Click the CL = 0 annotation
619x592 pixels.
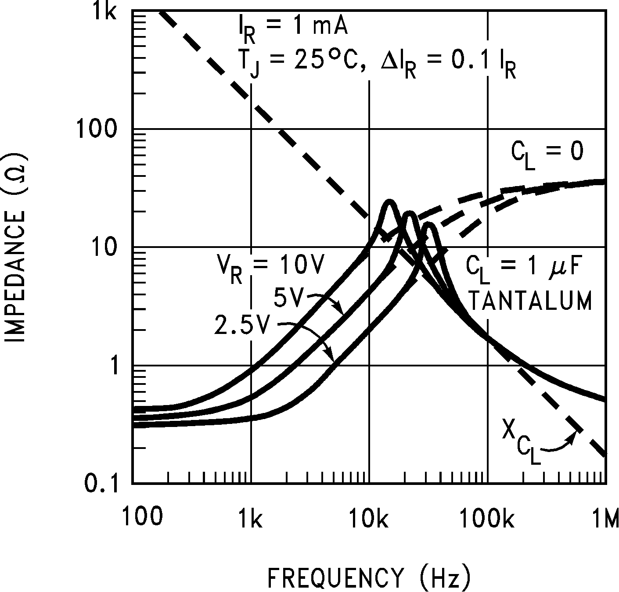547,154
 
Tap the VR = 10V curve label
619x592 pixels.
270,267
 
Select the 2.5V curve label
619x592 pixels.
241,325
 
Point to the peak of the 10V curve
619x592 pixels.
389,202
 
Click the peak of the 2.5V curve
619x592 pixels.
430,225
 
